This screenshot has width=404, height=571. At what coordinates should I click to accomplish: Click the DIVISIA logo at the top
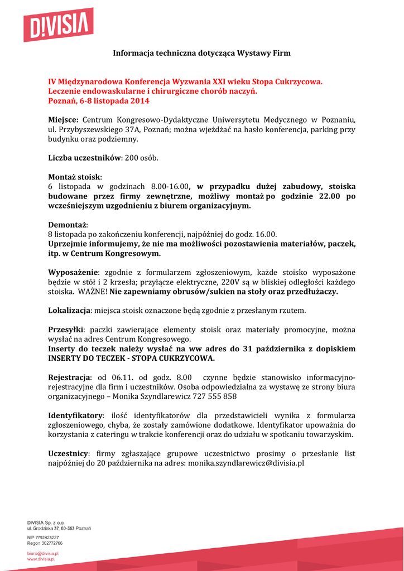click(58, 25)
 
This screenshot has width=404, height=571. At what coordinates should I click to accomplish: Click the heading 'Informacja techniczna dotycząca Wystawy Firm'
click(202, 53)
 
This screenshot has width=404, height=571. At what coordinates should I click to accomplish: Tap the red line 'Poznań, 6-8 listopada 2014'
click(99, 101)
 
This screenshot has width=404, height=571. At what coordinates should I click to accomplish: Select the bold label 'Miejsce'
click(63, 120)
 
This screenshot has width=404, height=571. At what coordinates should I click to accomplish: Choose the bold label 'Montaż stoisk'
click(74, 177)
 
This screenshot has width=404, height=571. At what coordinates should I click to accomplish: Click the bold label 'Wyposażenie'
click(73, 272)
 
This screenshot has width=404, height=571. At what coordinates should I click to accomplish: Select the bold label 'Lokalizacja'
click(69, 310)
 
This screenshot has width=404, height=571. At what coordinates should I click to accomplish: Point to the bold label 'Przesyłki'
click(66, 329)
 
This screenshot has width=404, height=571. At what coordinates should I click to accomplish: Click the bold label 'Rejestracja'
click(69, 376)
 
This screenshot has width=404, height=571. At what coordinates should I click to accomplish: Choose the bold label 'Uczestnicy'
click(68, 453)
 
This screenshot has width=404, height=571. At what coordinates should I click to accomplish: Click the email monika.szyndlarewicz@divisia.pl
click(246, 463)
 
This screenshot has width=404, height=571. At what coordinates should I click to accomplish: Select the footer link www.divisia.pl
click(41, 558)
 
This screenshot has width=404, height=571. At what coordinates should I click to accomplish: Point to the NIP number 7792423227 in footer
click(47, 538)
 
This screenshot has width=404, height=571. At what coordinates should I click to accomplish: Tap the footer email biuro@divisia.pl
click(43, 553)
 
